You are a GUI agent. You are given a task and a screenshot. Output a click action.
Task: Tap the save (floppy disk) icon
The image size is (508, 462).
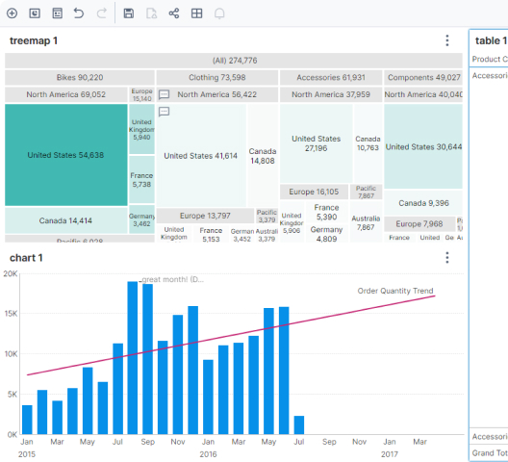coord(128,13)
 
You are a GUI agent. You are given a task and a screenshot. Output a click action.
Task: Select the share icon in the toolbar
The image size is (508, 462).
coord(174,13)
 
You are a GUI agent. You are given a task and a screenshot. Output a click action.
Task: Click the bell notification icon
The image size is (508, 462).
coord(219,13)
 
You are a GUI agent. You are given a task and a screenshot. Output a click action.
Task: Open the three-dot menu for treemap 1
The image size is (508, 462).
coord(447,40)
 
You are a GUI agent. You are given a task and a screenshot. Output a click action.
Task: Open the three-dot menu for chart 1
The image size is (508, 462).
coord(447,258)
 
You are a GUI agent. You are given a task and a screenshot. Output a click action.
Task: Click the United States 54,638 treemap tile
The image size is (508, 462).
coord(65,155)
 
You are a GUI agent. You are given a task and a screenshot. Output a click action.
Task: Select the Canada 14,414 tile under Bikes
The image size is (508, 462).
coord(65,220)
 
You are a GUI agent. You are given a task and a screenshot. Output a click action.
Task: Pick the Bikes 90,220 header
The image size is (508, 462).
coord(79,77)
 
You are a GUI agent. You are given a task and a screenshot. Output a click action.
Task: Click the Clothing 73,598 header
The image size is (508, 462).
coord(216,77)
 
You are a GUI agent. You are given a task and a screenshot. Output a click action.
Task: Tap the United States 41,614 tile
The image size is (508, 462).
coord(200,155)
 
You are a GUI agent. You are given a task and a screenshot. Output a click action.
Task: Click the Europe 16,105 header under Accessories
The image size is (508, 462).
coord(315,192)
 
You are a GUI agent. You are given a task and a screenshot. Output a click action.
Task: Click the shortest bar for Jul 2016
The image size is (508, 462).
coord(299,424)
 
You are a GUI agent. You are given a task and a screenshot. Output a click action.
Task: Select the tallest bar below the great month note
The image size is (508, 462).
coord(133,358)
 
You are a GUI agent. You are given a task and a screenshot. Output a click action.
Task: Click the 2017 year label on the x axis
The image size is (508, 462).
coord(390,453)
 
